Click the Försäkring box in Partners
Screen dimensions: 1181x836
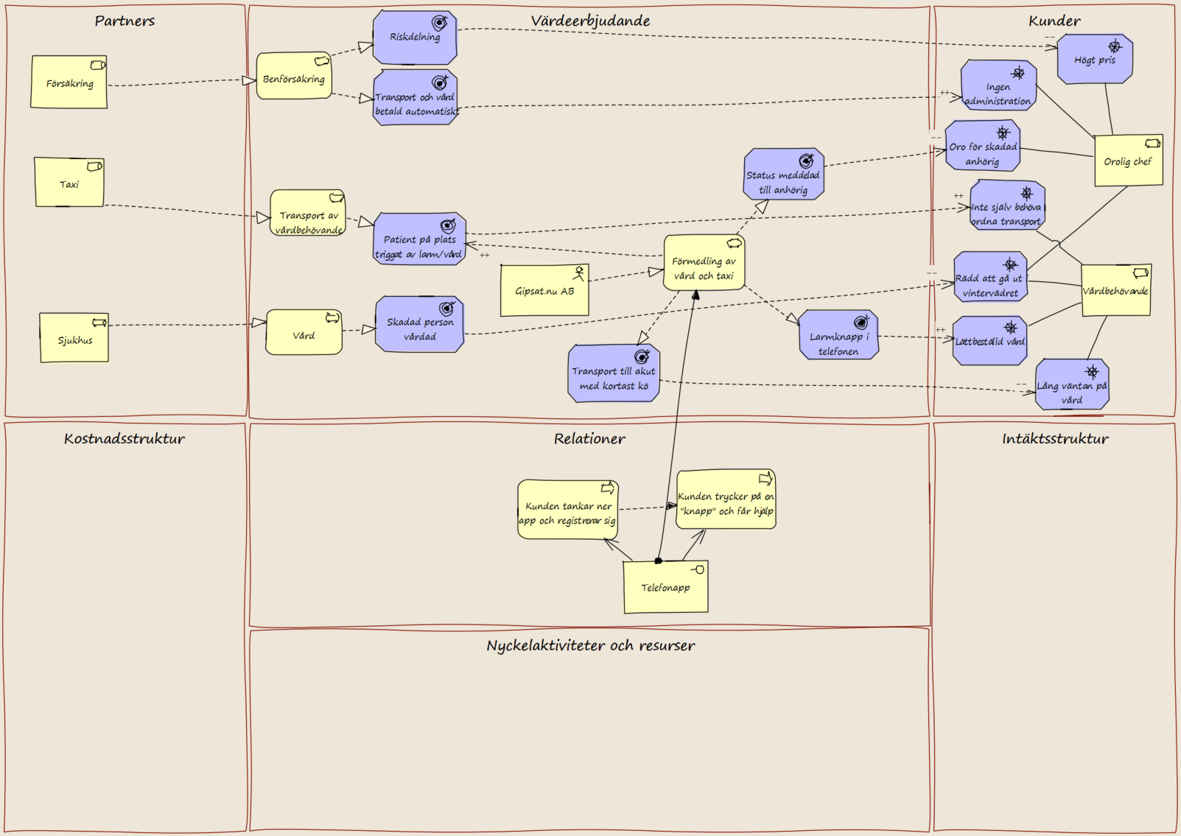click(x=69, y=82)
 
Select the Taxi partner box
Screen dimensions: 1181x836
click(x=69, y=182)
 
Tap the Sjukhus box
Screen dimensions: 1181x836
click(x=74, y=337)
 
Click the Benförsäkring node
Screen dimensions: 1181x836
click(x=294, y=75)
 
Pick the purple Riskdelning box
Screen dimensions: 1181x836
click(x=415, y=38)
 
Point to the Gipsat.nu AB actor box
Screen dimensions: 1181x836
click(x=544, y=290)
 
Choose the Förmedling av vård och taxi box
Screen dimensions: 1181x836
click(x=704, y=262)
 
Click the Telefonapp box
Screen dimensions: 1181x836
click(x=666, y=587)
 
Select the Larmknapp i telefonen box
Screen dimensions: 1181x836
click(x=839, y=334)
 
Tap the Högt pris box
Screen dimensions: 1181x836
click(x=1095, y=59)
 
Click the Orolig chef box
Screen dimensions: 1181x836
click(x=1128, y=161)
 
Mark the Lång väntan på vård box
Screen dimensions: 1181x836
click(x=1072, y=384)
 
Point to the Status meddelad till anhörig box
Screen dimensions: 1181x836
click(x=783, y=174)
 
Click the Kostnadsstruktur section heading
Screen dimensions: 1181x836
click(x=125, y=438)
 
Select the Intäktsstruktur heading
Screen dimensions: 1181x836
click(x=1055, y=438)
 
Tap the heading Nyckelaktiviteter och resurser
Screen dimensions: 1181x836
click(x=591, y=646)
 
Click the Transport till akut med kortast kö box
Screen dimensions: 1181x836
click(x=614, y=373)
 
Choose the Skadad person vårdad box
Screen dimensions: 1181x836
click(x=420, y=324)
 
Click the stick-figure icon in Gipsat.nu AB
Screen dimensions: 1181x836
click(x=579, y=273)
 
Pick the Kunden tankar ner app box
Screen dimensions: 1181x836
click(x=568, y=509)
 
